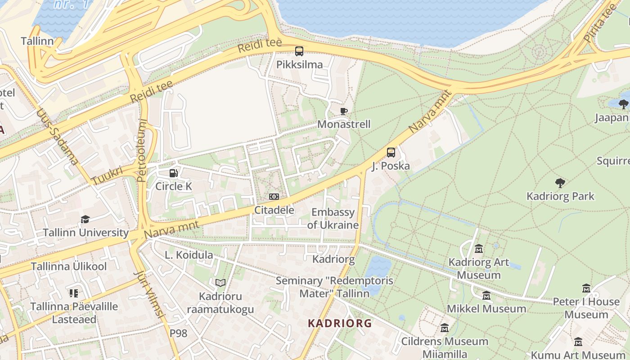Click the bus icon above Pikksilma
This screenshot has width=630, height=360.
[299, 51]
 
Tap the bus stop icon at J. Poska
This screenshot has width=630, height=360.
[391, 153]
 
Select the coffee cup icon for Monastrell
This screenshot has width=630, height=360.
[344, 111]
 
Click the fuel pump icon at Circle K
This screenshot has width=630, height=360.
[173, 173]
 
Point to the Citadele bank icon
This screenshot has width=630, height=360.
[274, 197]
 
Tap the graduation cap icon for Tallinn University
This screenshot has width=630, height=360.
[85, 219]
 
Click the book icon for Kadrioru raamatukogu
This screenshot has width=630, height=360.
[220, 283]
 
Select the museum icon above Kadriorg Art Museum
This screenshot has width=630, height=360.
[479, 249]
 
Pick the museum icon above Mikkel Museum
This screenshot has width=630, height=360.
[486, 296]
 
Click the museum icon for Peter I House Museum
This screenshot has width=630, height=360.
[586, 288]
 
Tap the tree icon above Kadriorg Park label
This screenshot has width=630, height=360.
[560, 183]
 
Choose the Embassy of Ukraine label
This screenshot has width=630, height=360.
[333, 219]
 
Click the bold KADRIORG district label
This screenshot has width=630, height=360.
[340, 323]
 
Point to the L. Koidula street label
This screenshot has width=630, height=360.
[189, 255]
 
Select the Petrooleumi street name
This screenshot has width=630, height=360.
[142, 150]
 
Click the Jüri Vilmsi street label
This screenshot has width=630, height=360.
[152, 301]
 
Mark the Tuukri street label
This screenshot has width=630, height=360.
[107, 176]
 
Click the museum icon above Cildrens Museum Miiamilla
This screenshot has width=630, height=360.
[445, 328]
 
